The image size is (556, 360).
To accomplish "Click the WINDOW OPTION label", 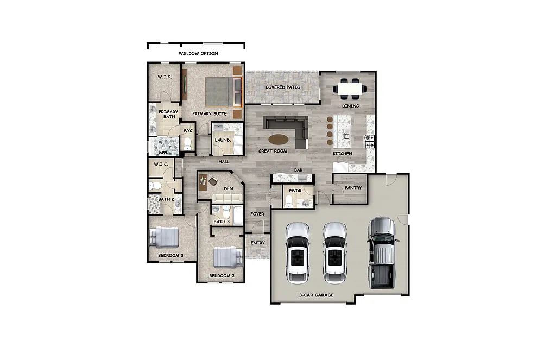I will [x=198, y=53].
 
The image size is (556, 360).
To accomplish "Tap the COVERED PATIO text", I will [x=282, y=87].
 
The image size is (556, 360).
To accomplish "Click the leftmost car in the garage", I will [x=298, y=251].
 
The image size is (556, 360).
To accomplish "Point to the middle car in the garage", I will [x=335, y=251].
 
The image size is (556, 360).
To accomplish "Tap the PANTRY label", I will [x=353, y=188].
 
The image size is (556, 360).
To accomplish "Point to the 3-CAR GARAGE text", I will [x=316, y=295].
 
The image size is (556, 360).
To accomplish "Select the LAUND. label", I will [x=223, y=140].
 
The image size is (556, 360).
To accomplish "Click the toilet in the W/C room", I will [x=188, y=143].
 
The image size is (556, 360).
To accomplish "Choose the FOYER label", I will [x=257, y=214].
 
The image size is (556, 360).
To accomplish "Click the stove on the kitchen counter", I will [x=369, y=141].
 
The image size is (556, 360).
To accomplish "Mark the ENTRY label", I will [x=257, y=243].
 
